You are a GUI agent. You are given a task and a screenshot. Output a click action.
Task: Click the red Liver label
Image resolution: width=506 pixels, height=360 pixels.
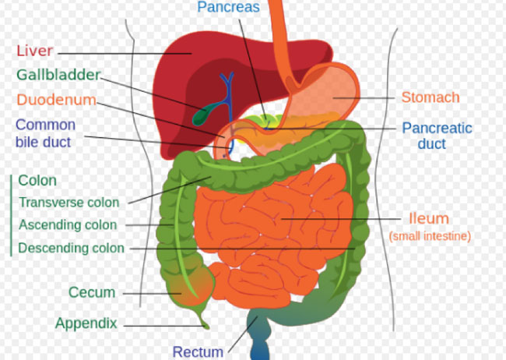pyautogui.click(x=35, y=51)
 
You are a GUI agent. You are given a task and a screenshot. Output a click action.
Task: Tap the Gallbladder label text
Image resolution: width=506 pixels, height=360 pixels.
pyautogui.click(x=58, y=75)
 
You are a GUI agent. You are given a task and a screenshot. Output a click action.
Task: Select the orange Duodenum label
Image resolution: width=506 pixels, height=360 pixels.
pyautogui.click(x=57, y=100)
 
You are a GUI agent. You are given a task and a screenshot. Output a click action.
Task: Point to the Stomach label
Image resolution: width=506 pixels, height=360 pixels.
pyautogui.click(x=430, y=97)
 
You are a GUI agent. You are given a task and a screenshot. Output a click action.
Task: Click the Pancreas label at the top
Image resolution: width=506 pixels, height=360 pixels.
pyautogui.click(x=228, y=7)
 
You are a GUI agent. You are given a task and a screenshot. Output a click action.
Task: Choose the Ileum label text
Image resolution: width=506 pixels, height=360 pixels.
pyautogui.click(x=429, y=218)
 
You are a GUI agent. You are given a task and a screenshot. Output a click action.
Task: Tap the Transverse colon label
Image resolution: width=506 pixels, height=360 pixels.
pyautogui.click(x=69, y=203)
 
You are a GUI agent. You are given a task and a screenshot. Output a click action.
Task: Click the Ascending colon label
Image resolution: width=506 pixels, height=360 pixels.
pyautogui.click(x=68, y=224)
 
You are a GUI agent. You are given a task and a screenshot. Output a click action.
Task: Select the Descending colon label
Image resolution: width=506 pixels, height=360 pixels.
pyautogui.click(x=72, y=248)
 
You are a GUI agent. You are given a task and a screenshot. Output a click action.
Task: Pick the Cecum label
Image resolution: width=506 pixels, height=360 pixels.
pyautogui.click(x=92, y=292)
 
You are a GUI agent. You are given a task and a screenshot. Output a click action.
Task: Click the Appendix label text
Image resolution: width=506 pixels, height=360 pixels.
pyautogui.click(x=86, y=323)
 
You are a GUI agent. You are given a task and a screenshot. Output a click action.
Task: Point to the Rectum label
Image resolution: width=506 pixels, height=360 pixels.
pyautogui.click(x=198, y=352)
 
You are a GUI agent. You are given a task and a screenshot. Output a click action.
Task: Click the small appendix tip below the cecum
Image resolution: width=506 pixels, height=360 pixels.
pyautogui.click(x=204, y=323)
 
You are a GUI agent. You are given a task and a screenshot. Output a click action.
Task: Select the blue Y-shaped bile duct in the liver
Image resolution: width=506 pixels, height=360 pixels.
pyautogui.click(x=228, y=97)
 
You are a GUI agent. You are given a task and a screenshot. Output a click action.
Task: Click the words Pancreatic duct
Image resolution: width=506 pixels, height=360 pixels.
pyautogui.click(x=437, y=136)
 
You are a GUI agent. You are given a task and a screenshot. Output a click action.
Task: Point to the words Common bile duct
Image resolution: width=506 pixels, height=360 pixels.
pyautogui.click(x=45, y=133)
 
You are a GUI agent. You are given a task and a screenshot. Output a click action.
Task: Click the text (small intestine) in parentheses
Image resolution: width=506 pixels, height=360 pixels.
pyautogui.click(x=430, y=236)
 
